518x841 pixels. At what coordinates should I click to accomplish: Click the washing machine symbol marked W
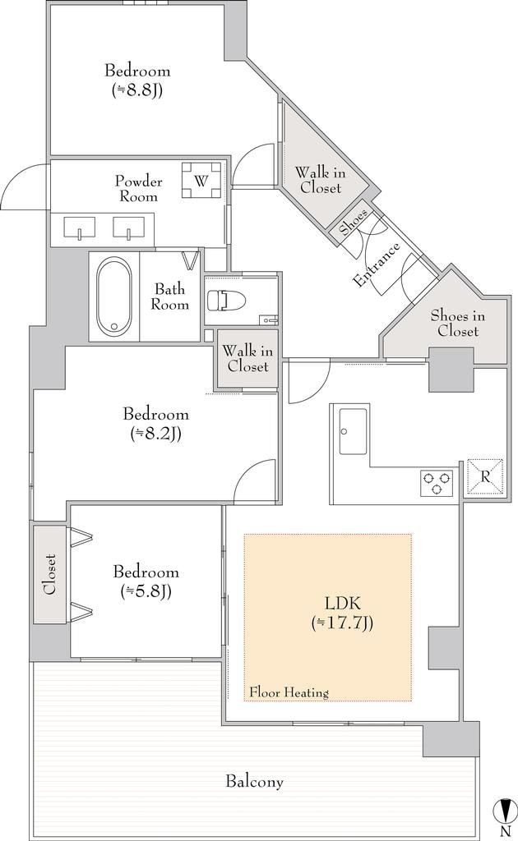[201, 180]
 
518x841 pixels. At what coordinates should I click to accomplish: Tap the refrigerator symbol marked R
[485, 476]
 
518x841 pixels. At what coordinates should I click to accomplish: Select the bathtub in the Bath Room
[113, 296]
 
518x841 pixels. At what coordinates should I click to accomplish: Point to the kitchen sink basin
[354, 431]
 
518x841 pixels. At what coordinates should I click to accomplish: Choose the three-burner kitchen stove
[437, 482]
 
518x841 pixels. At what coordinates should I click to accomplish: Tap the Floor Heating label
[289, 692]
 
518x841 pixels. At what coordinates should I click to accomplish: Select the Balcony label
[254, 782]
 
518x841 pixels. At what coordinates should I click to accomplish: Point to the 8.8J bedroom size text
[137, 90]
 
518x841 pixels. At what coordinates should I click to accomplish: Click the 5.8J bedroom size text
[146, 591]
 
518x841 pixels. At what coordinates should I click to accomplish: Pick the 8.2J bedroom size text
[155, 433]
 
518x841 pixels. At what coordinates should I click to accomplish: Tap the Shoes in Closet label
[458, 324]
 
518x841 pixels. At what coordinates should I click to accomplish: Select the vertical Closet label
[50, 574]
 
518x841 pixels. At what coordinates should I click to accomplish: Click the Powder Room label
[138, 189]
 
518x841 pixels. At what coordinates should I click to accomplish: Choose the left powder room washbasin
[80, 227]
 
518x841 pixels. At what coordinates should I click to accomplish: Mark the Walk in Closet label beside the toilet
[247, 359]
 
